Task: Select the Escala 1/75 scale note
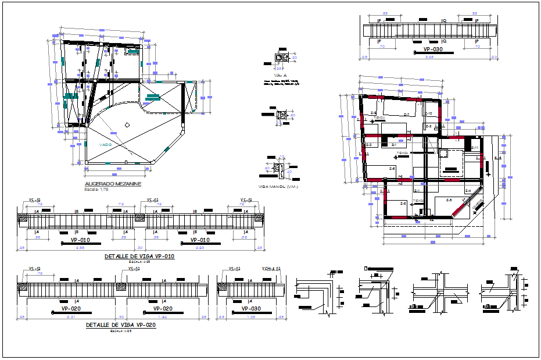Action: (97, 190)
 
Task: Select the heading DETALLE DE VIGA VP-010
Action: (139, 256)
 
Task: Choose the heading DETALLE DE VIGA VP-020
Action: (120, 326)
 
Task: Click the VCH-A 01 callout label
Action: (271, 269)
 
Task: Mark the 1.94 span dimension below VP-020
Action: (164, 317)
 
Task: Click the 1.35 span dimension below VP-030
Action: (250, 317)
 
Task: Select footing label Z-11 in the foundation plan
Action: (474, 148)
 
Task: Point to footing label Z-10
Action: (429, 113)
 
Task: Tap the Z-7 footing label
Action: (406, 114)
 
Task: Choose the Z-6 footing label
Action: (392, 169)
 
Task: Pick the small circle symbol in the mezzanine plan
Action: (127, 124)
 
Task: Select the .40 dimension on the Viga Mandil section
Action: (289, 171)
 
